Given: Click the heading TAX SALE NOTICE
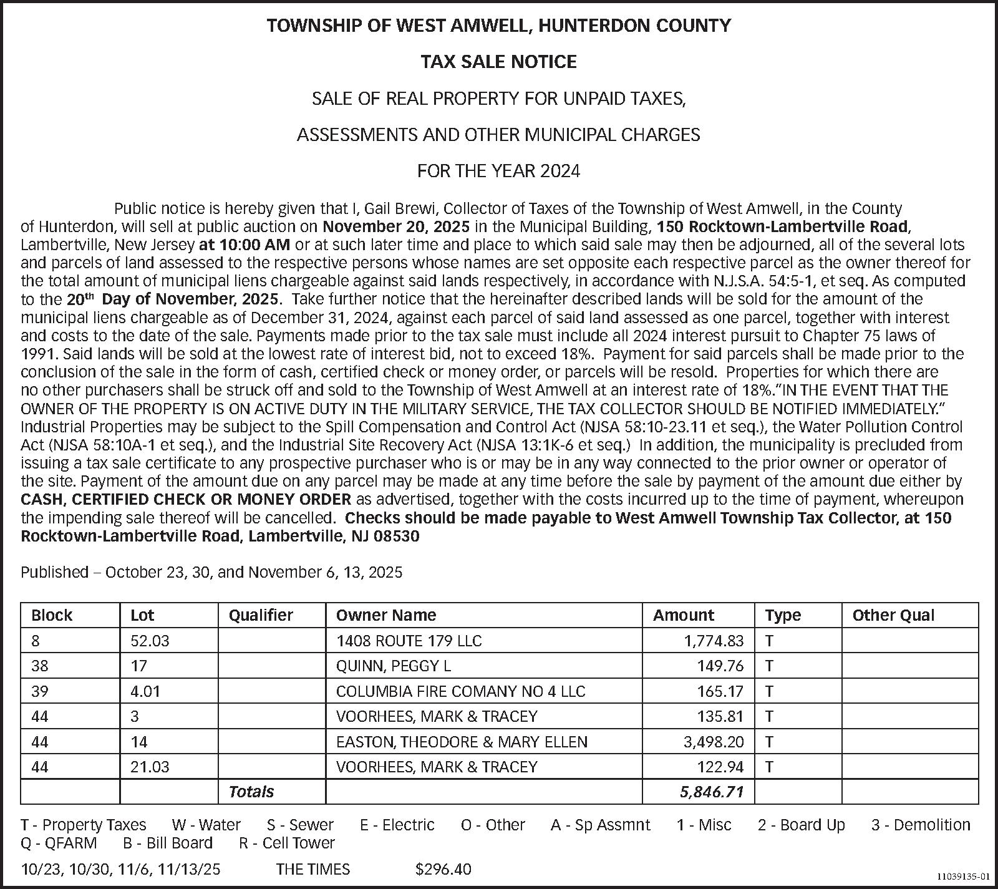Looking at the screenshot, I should point(498,62).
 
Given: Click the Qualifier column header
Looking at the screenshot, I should point(261,615).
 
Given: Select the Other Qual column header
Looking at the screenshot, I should point(893,615).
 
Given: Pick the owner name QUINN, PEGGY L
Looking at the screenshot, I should point(393,666).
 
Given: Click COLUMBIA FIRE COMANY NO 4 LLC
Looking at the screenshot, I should point(460,691).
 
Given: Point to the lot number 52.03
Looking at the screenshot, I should point(150,641).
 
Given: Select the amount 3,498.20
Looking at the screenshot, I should point(714,742).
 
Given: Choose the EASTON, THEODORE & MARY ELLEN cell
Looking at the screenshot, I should point(462,742).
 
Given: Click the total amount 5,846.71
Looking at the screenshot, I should point(712,792).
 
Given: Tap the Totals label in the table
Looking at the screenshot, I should point(251,792).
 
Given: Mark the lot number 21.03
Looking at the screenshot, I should point(150,767).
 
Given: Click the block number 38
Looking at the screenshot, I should point(39,666).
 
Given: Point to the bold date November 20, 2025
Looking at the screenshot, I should point(396,226).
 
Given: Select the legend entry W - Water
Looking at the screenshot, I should point(206,825).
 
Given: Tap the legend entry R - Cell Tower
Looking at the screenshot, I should point(287,843).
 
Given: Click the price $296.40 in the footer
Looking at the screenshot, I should point(443,869).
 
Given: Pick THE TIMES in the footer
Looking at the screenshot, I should point(312,869).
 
